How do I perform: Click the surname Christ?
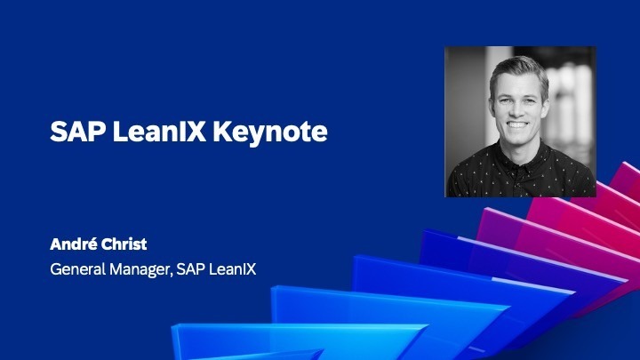[x=126, y=245]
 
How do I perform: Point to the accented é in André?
[x=93, y=245]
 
